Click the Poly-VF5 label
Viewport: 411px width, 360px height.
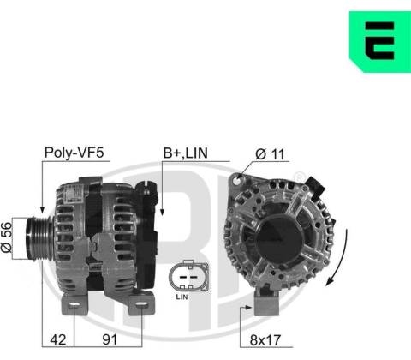coord(74,153)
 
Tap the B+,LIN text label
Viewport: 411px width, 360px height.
coord(185,153)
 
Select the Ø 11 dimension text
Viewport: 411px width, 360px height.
coord(270,154)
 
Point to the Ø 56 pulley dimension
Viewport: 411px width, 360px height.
coord(7,237)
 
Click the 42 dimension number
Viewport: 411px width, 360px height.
coord(58,339)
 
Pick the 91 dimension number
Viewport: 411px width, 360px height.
coord(110,339)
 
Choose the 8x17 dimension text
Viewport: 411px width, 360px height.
coord(265,340)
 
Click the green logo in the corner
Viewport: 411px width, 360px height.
coord(380,42)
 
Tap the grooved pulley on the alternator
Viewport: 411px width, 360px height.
coord(39,238)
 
